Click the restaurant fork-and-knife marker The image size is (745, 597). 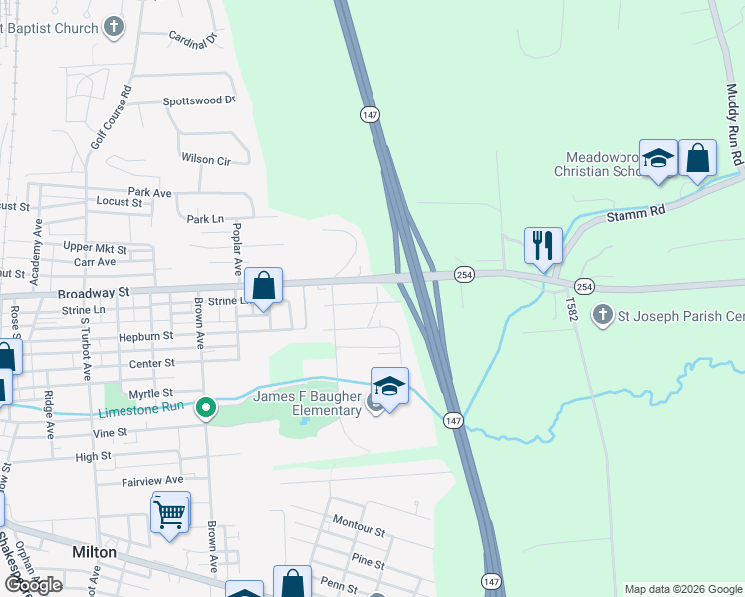tap(543, 245)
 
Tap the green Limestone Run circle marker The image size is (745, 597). tap(206, 407)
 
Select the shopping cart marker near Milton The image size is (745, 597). tap(170, 514)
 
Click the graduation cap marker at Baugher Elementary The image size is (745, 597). tap(389, 387)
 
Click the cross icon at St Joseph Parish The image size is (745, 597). tap(602, 316)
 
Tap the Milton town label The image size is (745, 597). tap(94, 552)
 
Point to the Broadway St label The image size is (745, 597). tap(94, 293)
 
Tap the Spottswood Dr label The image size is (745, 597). tap(198, 100)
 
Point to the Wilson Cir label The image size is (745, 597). tap(205, 159)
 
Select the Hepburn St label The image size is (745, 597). tap(146, 337)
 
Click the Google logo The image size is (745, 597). tap(32, 585)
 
